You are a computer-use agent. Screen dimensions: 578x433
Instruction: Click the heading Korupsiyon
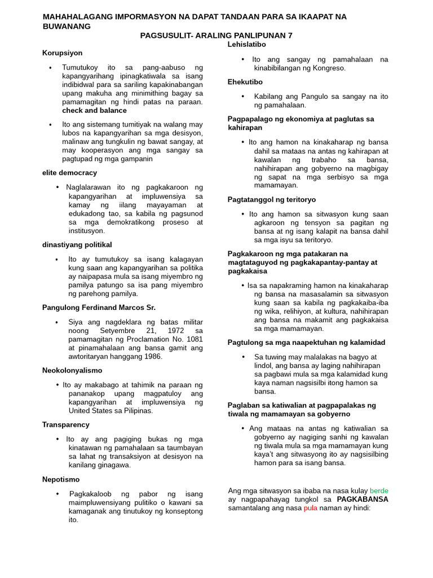coord(62,53)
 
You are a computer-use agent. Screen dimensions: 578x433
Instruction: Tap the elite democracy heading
coord(69,173)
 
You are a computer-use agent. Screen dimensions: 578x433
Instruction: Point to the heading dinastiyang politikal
coord(77,244)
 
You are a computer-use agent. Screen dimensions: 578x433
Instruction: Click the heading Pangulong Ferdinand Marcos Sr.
coord(99,308)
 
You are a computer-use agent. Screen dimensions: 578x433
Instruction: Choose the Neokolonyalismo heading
coord(72,370)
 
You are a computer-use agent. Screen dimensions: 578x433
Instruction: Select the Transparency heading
coord(65,424)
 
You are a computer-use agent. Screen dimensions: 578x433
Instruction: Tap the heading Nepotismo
coord(60,479)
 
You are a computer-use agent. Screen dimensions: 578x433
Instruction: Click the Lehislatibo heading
coord(246,44)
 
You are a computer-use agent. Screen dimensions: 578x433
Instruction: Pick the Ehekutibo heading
coord(245,82)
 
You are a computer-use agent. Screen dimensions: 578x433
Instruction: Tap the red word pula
coord(311,508)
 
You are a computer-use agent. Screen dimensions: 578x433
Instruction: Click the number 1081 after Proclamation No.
coord(194,339)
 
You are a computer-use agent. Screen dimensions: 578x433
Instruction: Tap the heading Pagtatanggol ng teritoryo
coord(272,200)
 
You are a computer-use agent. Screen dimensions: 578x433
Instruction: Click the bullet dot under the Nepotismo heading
coord(58,494)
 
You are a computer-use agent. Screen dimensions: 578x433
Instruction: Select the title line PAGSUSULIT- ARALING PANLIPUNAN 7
coord(216,35)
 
